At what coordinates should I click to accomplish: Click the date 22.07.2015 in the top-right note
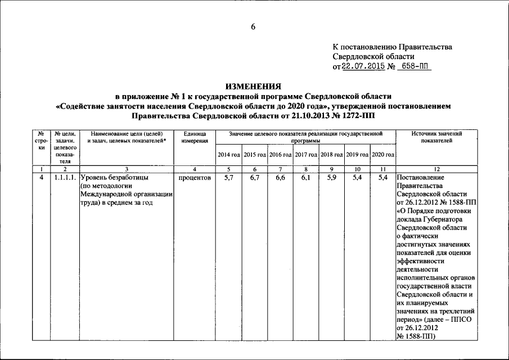click(364, 66)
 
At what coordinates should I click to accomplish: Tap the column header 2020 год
click(383, 154)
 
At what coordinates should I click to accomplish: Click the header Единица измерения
click(194, 137)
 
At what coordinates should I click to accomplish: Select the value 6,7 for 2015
click(255, 178)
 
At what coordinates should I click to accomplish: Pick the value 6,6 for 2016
click(281, 178)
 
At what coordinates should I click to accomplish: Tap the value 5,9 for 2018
click(332, 178)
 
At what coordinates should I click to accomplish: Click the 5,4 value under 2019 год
click(357, 178)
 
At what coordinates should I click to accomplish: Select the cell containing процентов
click(194, 178)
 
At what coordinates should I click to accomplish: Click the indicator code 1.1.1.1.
click(65, 178)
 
